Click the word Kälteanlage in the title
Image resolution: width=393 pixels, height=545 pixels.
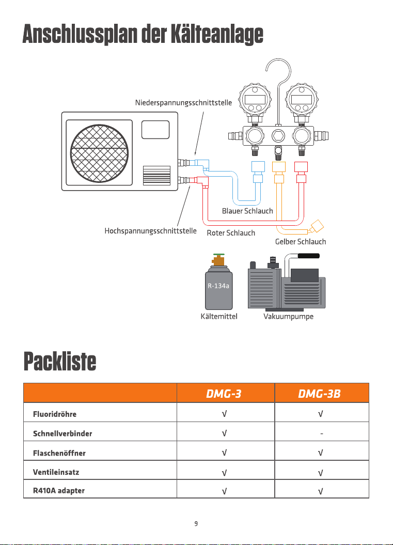point(217,35)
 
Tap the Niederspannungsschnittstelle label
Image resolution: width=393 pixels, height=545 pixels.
point(183,102)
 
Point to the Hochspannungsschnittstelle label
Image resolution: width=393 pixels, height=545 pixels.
point(150,231)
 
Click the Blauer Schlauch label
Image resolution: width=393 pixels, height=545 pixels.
point(247,211)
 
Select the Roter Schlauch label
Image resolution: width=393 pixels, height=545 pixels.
point(231,233)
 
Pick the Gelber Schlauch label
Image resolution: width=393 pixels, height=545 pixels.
point(301,242)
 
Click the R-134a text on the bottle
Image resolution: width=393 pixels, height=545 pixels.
point(218,286)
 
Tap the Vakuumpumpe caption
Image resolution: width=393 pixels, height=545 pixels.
point(288,316)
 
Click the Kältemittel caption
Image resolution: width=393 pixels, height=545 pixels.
point(219,316)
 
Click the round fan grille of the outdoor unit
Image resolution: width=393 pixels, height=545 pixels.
point(99,153)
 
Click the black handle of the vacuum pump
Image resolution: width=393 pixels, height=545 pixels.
point(308,256)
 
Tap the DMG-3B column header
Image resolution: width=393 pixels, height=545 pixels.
point(319,394)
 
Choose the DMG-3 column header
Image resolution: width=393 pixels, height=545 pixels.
point(224,394)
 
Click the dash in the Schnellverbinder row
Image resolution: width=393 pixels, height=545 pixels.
point(322,433)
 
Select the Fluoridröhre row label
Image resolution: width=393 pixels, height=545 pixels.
point(55,414)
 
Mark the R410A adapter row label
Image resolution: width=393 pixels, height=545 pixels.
point(59,490)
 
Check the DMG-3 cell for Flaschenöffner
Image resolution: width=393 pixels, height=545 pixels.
point(225,453)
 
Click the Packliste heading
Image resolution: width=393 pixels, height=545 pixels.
point(60,362)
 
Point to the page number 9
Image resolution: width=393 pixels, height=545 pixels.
point(196,523)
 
